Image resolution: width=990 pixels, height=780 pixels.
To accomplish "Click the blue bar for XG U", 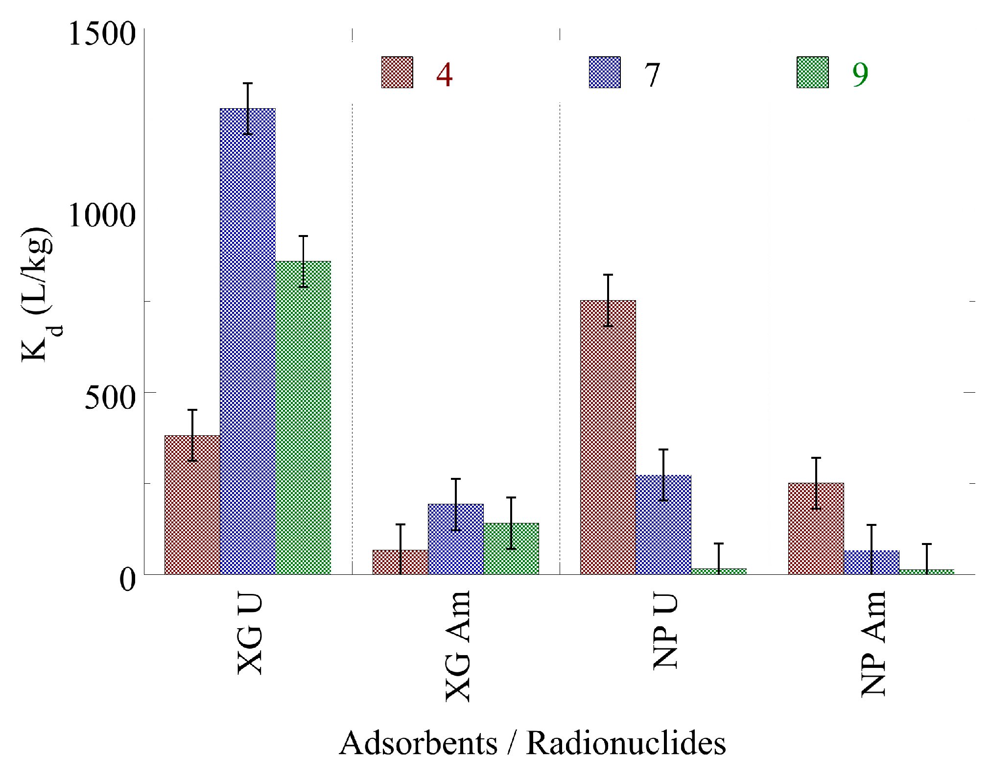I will point(248,343).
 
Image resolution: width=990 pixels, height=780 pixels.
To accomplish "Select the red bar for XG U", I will point(192,504).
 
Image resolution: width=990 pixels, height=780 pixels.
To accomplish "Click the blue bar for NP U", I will point(663,524).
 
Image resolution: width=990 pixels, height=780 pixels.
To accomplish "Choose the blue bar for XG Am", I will point(455,539).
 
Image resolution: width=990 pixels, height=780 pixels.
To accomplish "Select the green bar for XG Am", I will point(511,548).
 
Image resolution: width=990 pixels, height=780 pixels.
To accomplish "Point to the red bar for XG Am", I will point(400,562).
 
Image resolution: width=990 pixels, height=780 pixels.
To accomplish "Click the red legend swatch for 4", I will point(397,72).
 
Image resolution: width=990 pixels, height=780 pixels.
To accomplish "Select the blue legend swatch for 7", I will point(605,72).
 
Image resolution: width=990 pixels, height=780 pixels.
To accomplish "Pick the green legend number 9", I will point(860,74).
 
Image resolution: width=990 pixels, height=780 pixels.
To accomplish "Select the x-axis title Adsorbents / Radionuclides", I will point(532,743).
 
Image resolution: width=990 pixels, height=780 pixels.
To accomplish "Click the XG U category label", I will point(250,635).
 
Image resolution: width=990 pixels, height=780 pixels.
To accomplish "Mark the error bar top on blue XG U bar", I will point(248,83).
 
